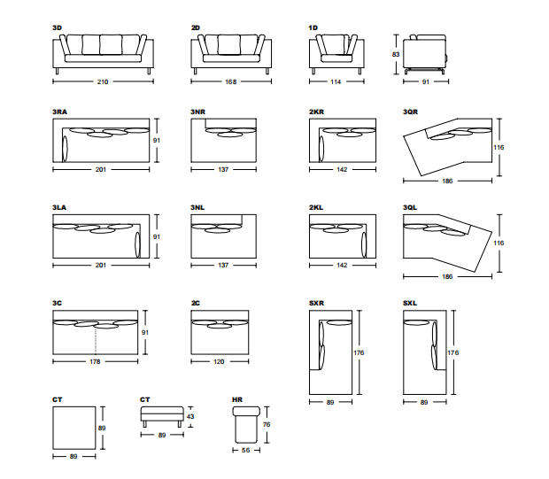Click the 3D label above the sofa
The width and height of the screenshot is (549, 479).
(58, 28)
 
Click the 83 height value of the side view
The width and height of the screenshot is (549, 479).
(395, 54)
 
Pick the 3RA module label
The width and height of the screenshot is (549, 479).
(60, 112)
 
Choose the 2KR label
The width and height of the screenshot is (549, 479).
(317, 112)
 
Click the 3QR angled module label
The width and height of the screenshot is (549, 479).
(411, 112)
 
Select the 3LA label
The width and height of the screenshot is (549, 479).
(60, 207)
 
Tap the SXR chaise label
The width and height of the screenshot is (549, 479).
(317, 303)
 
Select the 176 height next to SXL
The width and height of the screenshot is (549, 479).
(453, 352)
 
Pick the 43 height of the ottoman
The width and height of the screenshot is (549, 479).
(190, 416)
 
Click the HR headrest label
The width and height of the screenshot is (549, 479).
(236, 400)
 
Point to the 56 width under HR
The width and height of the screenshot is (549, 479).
(247, 450)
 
